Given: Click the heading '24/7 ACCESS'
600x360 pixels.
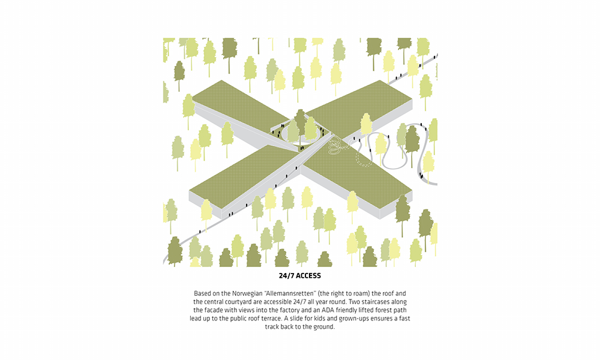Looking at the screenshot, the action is point(299,276).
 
